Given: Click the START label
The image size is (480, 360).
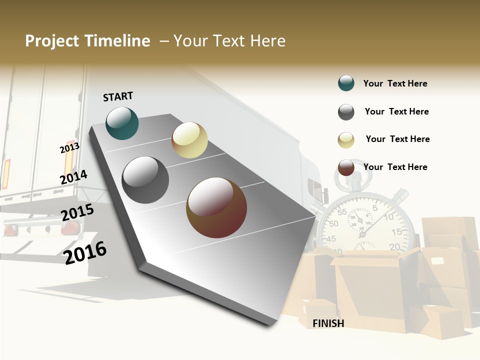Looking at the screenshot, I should (118, 96).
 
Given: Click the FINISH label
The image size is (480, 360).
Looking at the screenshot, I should (328, 323).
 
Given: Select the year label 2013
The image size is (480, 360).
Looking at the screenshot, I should (69, 148).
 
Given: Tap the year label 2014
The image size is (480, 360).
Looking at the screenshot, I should (73, 177).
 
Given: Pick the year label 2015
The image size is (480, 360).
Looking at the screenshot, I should (77, 212).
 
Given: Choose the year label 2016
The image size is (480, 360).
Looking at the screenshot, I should (85, 252).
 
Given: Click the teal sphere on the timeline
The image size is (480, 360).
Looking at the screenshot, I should (122, 123).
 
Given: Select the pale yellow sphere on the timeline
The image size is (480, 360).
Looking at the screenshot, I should (189, 140).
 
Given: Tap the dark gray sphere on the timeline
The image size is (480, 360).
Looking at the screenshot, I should (145, 180).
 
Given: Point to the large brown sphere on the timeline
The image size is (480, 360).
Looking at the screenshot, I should (216, 207).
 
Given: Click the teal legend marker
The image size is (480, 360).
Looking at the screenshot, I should (346, 83).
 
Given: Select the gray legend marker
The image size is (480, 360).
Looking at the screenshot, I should (346, 112).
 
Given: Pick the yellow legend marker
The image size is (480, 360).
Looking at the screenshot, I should (346, 140).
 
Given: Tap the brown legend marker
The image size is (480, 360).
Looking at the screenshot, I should (346, 167).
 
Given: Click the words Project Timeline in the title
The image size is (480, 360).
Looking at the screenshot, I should (87, 41).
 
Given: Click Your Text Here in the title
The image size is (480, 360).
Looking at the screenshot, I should (229, 41).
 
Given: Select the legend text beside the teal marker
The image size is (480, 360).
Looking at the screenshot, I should (395, 83).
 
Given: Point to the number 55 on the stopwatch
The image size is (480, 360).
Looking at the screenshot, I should (342, 212).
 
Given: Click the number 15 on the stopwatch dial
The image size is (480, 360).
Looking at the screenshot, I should (396, 232).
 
